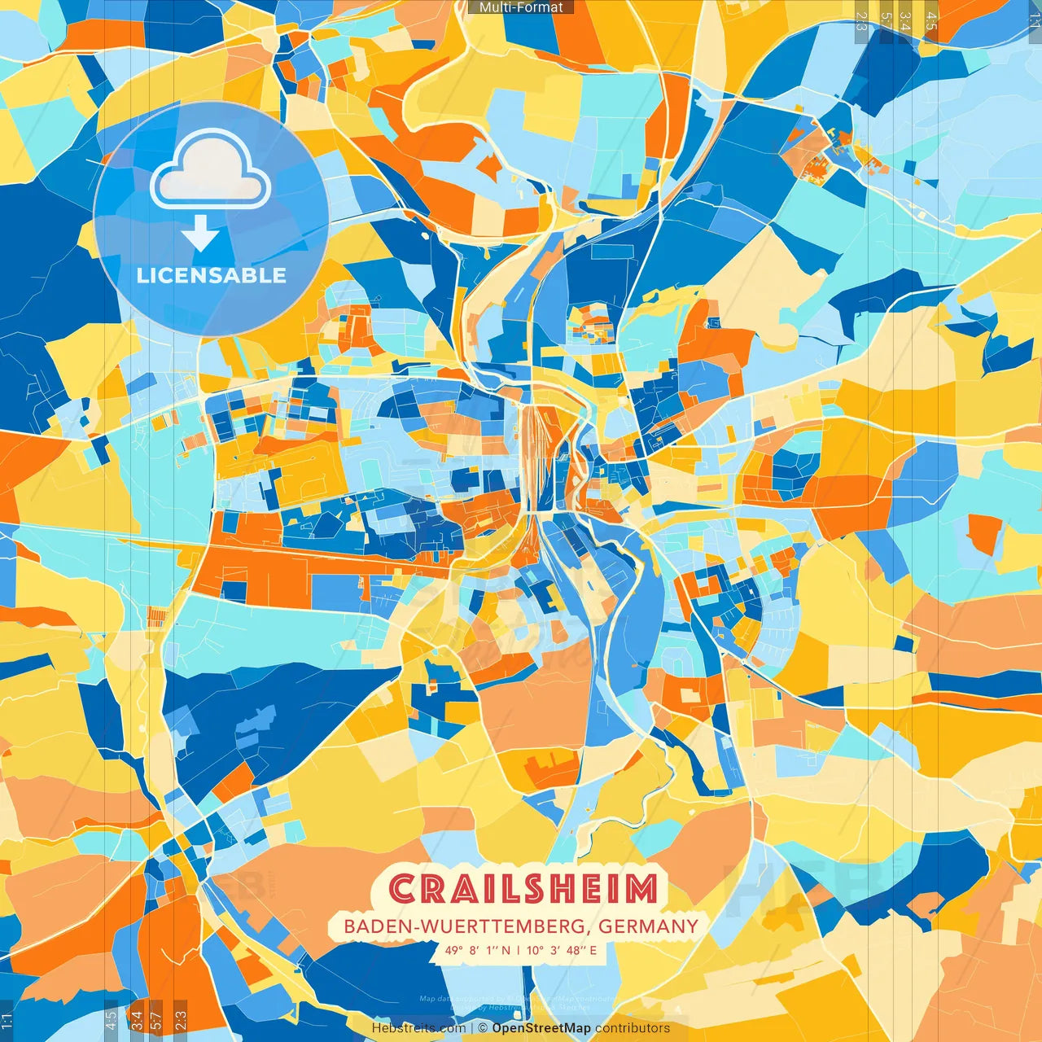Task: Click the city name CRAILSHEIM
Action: (523, 889)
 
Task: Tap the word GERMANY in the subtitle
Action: (648, 926)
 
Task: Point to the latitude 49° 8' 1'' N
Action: (478, 950)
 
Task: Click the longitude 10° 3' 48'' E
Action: (562, 950)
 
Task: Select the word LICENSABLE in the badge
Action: (211, 275)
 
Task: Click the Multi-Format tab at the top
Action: (521, 7)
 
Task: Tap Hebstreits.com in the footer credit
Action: (418, 1028)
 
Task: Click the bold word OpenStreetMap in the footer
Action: (541, 1028)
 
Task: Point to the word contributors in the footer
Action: (633, 1028)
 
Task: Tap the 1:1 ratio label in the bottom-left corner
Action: (7, 1021)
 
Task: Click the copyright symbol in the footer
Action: (482, 1028)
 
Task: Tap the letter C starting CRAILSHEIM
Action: (402, 889)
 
